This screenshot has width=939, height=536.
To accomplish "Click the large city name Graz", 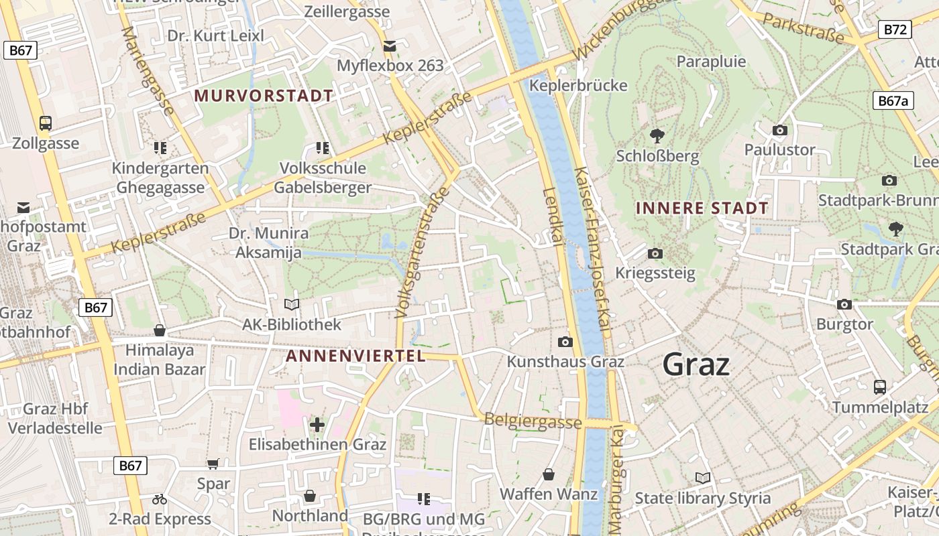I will (696, 364).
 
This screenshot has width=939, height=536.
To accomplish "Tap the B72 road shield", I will (895, 29).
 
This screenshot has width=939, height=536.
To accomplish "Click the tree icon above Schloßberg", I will (657, 135).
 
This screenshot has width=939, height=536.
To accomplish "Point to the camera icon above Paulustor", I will (779, 130).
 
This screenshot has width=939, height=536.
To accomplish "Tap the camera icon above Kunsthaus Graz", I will (565, 342).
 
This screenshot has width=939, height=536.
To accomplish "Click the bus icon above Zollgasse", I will (46, 123).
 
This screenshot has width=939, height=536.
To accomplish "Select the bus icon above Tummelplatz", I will (879, 387).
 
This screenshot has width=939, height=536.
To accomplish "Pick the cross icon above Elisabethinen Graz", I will (317, 424).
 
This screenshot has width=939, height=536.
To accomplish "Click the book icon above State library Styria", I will (702, 478).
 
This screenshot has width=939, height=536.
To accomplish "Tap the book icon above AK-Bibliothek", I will (292, 305).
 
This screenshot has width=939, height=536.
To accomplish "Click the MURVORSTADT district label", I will (264, 96).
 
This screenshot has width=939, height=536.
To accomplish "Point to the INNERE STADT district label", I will (702, 208).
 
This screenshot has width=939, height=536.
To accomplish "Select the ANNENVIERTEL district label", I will (355, 356).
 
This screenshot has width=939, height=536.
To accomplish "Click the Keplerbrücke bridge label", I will (578, 85).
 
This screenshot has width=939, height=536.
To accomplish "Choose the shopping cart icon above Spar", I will (213, 464).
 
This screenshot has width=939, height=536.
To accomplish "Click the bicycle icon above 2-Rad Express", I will (160, 499).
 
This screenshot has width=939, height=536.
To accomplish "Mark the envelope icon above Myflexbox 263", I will (390, 46).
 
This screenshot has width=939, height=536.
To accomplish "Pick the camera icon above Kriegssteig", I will (655, 253).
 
